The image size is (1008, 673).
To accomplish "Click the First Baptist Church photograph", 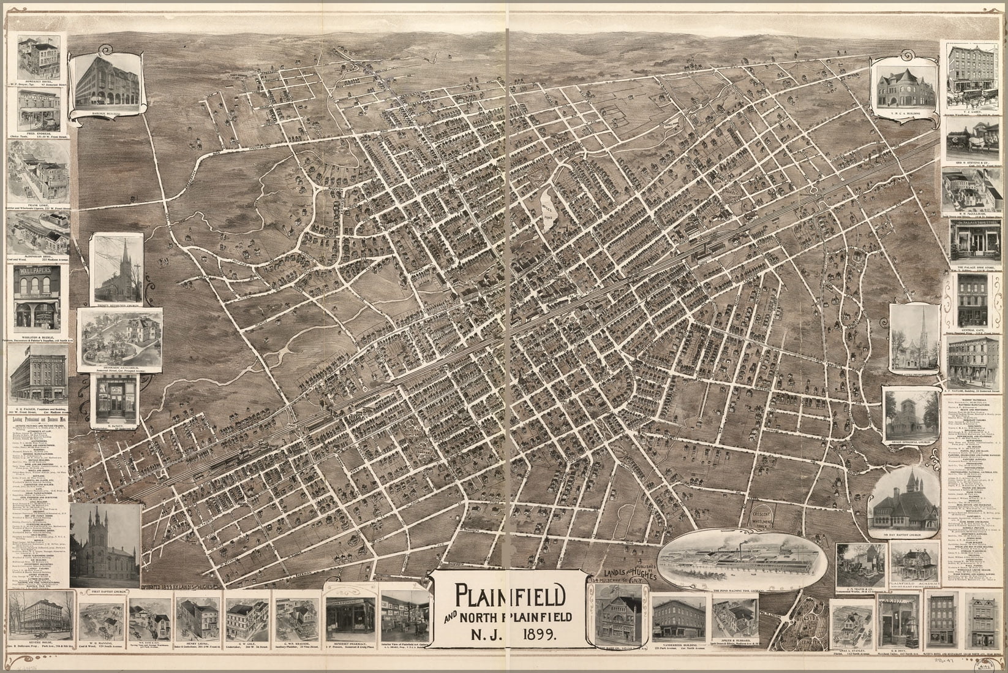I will [x=105, y=546].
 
